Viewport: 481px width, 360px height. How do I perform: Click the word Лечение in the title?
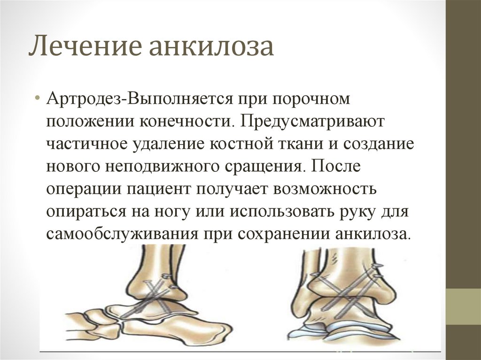pos(85,46)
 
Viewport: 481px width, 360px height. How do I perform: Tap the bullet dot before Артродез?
pos(38,99)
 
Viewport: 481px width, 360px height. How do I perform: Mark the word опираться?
pos(86,212)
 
